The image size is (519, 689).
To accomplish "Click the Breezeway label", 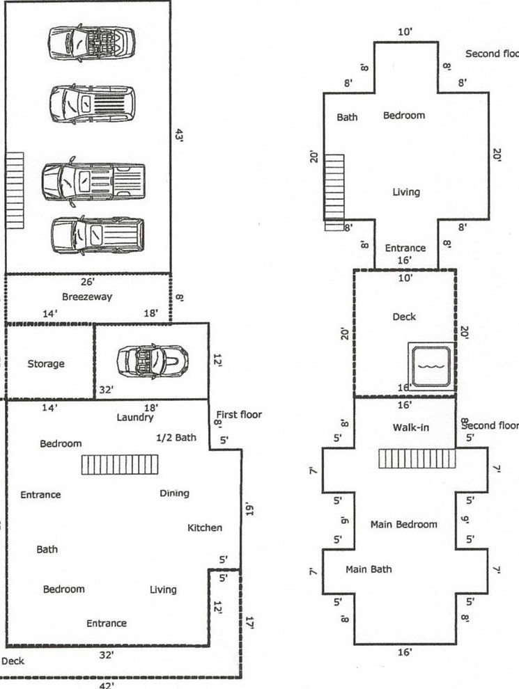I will pos(87,296).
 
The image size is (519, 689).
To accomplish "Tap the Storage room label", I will pos(46,363).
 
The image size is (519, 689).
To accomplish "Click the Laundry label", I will pos(135,418).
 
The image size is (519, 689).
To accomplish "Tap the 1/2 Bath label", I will pos(176,438).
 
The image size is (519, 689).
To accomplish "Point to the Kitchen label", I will pos(205,528).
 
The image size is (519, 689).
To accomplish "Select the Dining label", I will pos(174,493).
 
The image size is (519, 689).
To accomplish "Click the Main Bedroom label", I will pos(404,524).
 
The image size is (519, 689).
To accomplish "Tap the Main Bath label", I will pos(369,569).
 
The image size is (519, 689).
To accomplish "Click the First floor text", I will pos(239,415).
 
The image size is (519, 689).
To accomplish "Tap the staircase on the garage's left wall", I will pos(15,191).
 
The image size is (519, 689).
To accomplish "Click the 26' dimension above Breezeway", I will pos(88,283).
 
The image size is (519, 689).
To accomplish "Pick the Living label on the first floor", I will pos(163,589).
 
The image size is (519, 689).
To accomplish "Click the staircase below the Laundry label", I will pos(120,464).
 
